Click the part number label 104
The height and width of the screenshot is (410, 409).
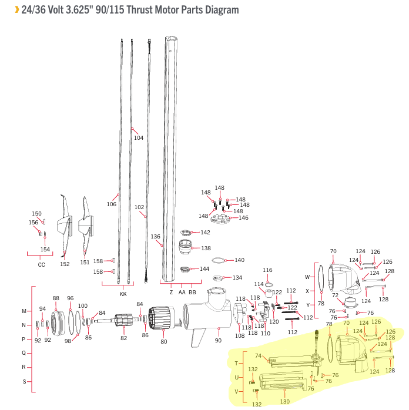(138, 138)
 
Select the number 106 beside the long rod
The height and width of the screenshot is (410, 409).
(111, 204)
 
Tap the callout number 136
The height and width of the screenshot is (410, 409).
(156, 237)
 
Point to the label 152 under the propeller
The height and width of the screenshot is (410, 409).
(65, 264)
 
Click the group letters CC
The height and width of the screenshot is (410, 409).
(41, 265)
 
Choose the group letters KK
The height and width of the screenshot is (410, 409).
(123, 293)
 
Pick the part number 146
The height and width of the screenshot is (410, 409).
(243, 218)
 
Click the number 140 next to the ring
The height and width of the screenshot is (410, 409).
(239, 260)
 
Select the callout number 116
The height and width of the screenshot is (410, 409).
(267, 270)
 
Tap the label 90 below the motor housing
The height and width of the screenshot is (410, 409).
(218, 340)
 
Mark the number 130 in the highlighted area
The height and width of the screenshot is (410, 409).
(285, 402)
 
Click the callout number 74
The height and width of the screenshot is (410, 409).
(258, 356)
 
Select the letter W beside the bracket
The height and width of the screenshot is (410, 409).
(307, 277)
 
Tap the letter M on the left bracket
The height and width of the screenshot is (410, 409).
(24, 311)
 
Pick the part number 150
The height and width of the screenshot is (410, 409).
(36, 214)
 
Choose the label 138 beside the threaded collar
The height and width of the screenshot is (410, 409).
(206, 248)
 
